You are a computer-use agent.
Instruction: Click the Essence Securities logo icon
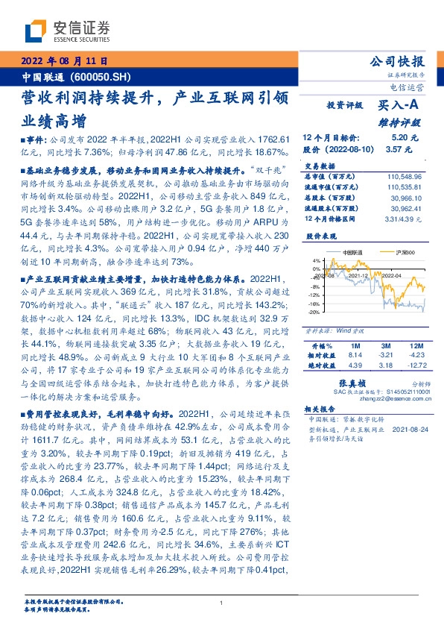click(38, 31)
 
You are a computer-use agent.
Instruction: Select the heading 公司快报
click(402, 62)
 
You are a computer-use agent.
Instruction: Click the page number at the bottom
click(222, 603)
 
